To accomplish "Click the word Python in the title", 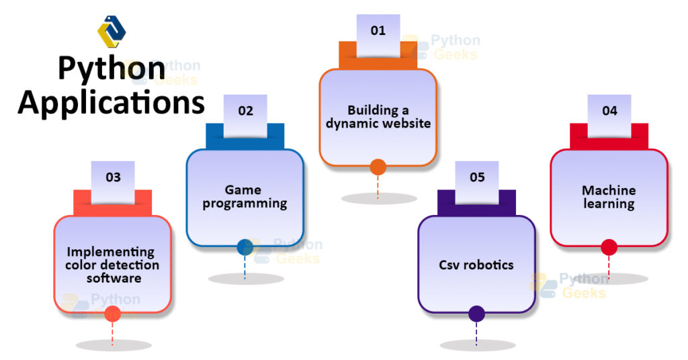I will click(111, 70).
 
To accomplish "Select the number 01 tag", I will click(378, 31).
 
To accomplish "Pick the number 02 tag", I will click(245, 111).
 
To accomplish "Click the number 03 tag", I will click(113, 177).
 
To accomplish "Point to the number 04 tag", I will click(609, 111).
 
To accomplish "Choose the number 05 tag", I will click(477, 177).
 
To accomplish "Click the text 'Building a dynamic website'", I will click(378, 117).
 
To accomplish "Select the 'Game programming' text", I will click(245, 196).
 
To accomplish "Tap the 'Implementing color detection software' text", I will click(113, 265).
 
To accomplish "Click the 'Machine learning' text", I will click(609, 197).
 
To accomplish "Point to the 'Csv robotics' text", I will click(476, 265).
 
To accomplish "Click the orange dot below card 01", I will click(378, 167).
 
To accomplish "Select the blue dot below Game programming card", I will click(245, 247).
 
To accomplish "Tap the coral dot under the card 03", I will click(113, 314).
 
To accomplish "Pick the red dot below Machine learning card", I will click(609, 247).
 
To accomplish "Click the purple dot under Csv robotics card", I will click(476, 314).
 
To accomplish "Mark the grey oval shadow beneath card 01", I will click(378, 199).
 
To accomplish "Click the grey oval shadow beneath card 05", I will click(476, 345).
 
